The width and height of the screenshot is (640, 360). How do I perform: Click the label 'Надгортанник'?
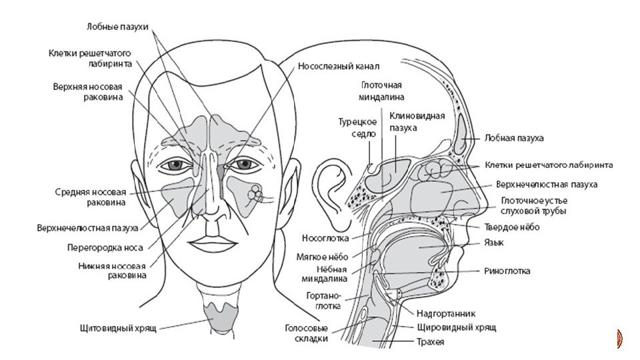[x=445, y=311]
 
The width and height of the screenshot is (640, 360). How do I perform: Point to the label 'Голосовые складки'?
[x=306, y=333]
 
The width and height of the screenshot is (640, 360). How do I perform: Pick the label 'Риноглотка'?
[x=507, y=271]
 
